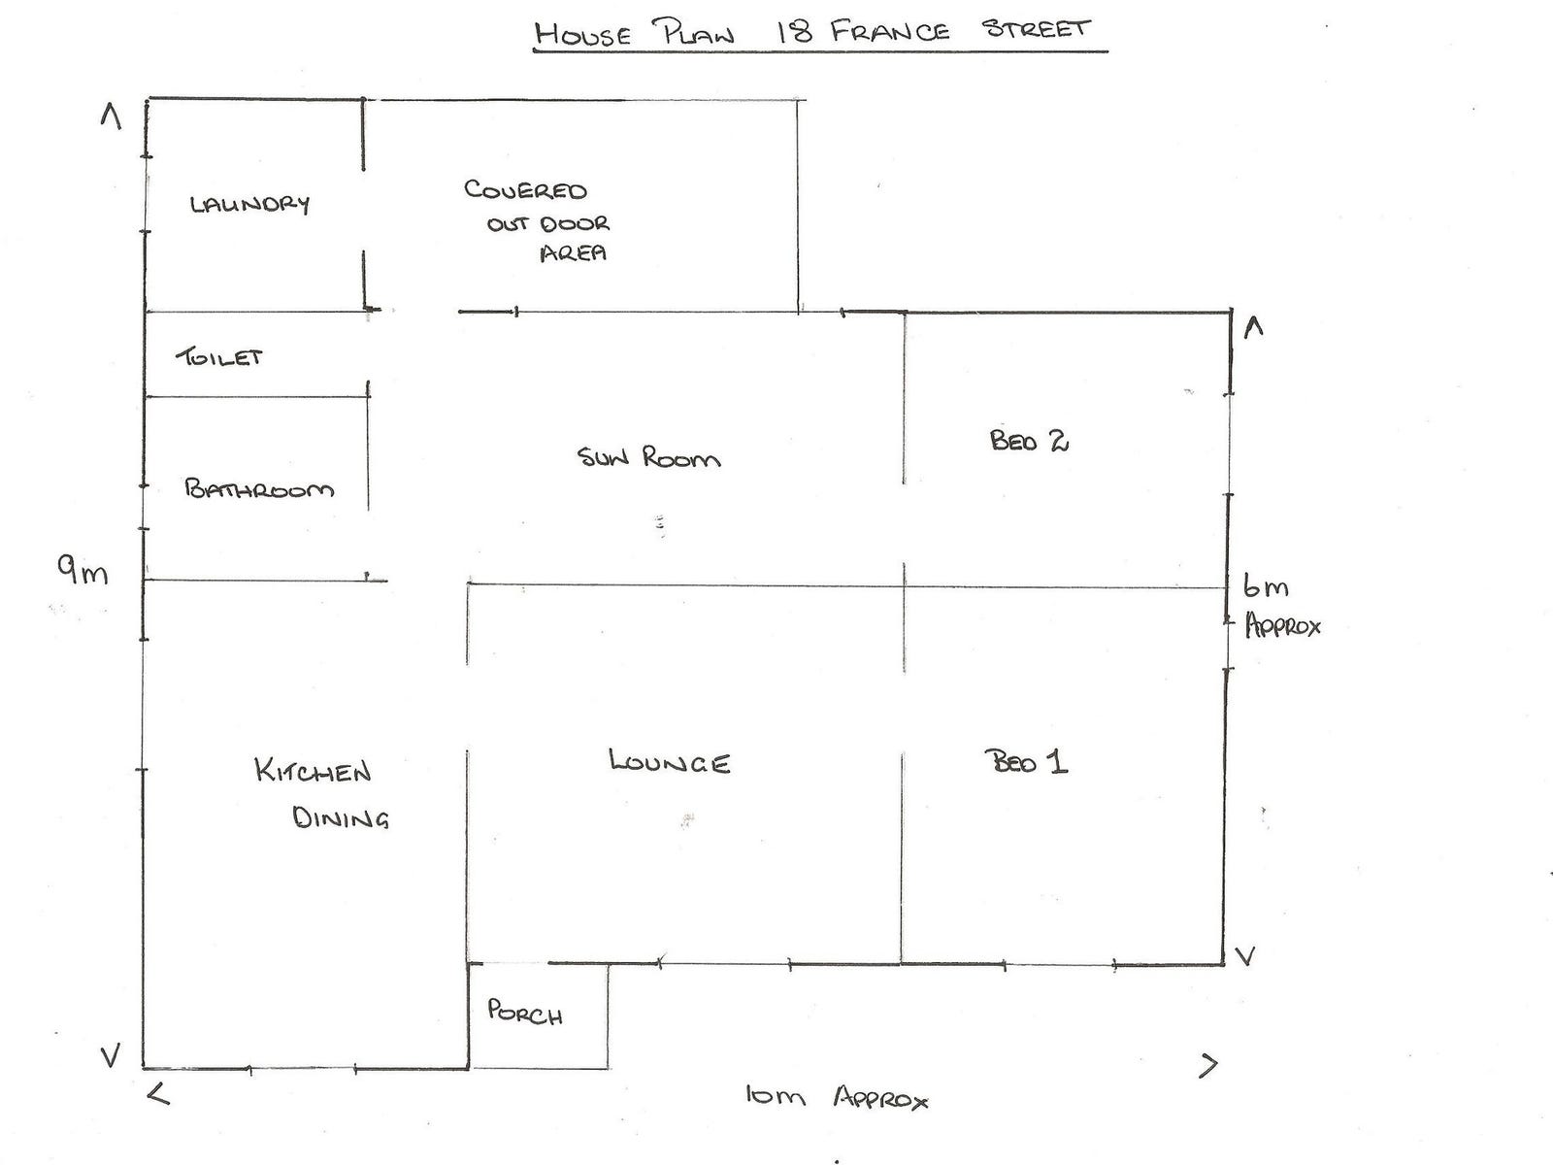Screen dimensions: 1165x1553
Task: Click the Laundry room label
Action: (249, 204)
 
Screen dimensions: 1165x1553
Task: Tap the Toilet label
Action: (219, 357)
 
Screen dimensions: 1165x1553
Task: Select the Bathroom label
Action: (259, 488)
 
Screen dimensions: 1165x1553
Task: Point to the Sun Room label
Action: (648, 457)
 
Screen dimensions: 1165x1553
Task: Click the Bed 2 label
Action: (1029, 441)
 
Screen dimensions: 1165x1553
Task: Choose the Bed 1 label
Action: (1026, 761)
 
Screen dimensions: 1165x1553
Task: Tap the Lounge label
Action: (670, 761)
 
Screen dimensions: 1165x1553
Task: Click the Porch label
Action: (525, 1014)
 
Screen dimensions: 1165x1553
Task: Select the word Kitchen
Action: (313, 771)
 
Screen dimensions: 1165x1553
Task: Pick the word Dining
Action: (341, 817)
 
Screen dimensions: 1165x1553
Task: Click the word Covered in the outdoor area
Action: (525, 189)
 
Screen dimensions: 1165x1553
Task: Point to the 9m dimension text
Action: (83, 572)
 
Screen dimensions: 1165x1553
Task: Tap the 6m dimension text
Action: (1266, 586)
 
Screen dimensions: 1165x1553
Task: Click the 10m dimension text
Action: (776, 1097)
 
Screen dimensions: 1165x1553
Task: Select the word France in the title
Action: (890, 30)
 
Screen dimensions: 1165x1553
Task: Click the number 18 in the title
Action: (796, 31)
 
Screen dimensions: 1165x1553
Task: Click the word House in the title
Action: (583, 35)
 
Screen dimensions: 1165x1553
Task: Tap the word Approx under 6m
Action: (1283, 626)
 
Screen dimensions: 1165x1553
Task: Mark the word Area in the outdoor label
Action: (573, 253)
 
